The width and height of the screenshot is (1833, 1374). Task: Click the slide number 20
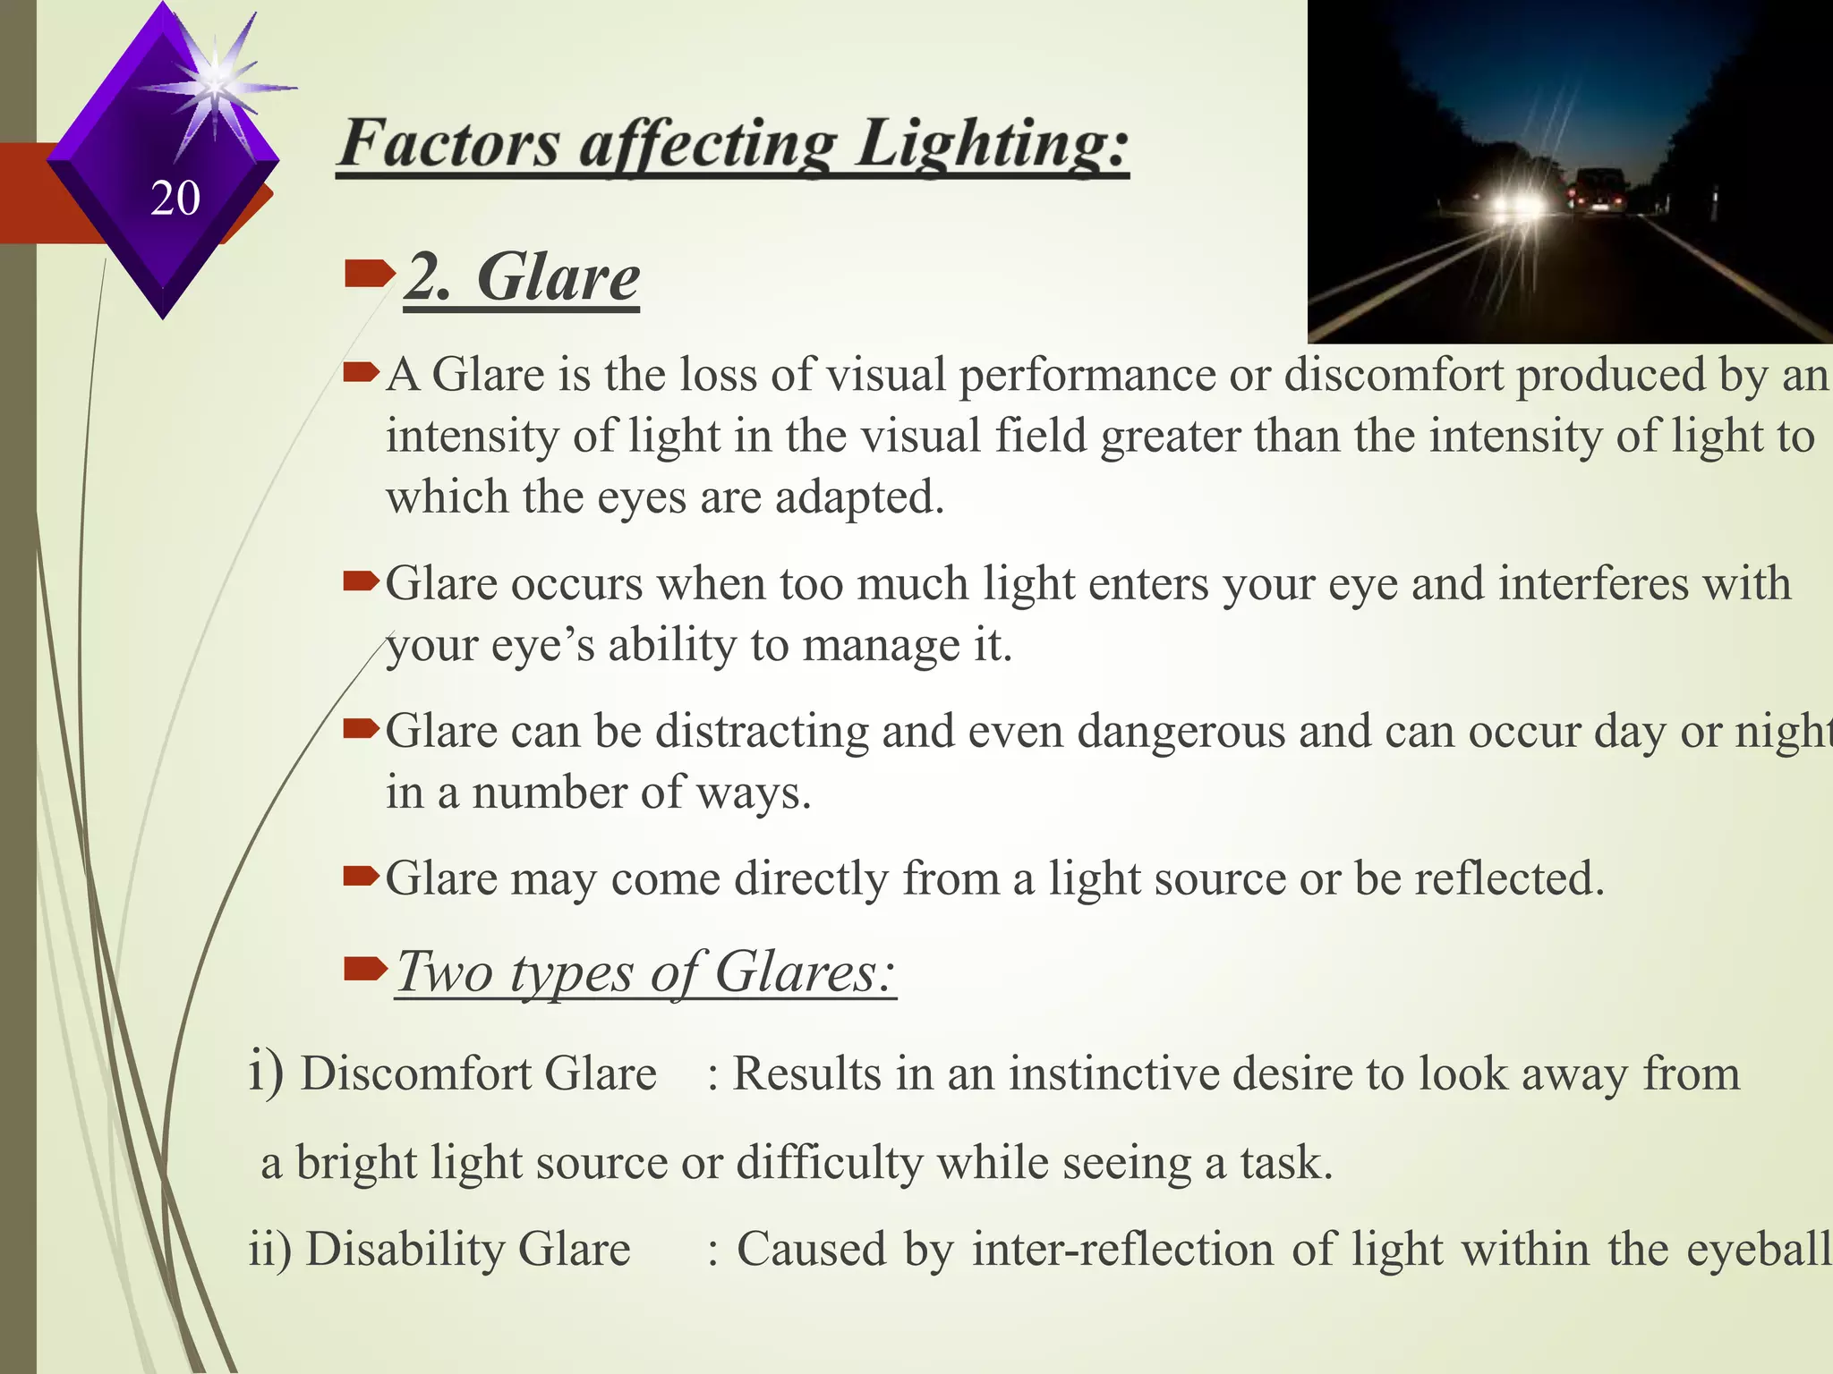coord(175,198)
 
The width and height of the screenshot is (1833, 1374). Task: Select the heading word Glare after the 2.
coord(558,277)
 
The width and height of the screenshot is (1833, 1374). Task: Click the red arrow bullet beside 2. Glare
coord(368,274)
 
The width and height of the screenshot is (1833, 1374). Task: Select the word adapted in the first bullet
coord(859,496)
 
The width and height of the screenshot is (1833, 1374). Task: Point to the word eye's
coord(542,645)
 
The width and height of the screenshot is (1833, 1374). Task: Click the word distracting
coord(762,732)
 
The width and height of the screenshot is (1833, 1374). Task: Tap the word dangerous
coord(1181,732)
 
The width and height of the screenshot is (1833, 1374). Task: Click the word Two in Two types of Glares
coord(446,971)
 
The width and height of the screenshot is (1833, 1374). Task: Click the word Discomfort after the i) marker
coord(415,1073)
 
